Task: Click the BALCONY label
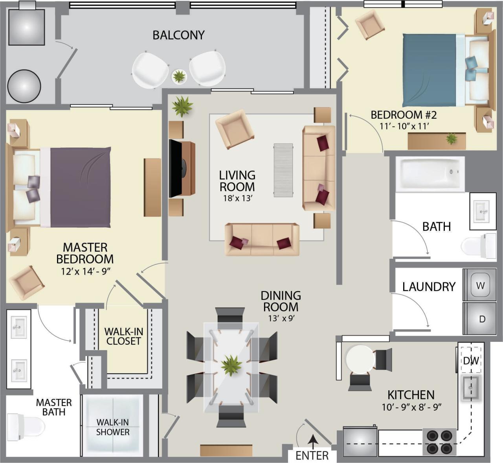(x=178, y=35)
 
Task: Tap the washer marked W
(x=480, y=285)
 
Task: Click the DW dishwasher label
(x=471, y=361)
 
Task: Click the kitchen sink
(x=470, y=387)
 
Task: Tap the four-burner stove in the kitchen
(x=439, y=441)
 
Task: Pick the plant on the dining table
(x=231, y=365)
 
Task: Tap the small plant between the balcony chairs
(x=179, y=76)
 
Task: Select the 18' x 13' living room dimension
(x=237, y=198)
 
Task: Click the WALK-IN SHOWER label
(x=112, y=427)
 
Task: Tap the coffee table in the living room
(x=283, y=170)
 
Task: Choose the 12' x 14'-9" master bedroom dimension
(x=85, y=271)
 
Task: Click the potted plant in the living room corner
(x=182, y=106)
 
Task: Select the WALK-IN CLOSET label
(x=123, y=336)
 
